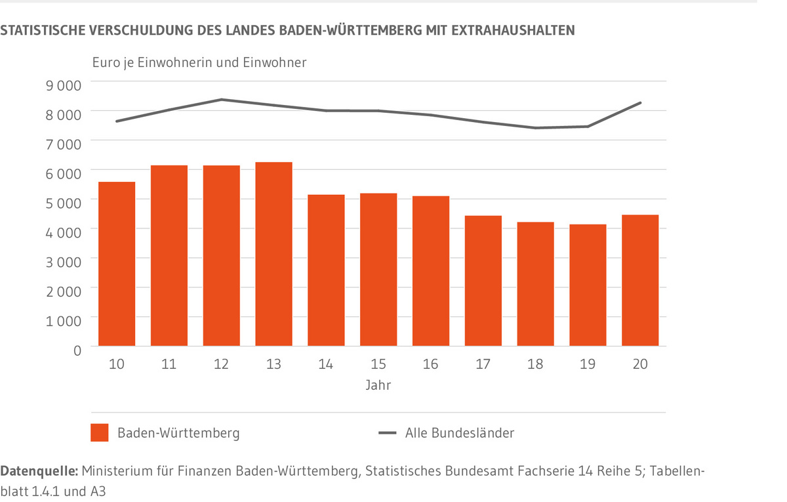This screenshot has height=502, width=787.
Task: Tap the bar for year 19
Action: pos(588,285)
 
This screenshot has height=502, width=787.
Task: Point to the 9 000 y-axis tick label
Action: pos(64,84)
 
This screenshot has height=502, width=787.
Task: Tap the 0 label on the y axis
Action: pos(77,350)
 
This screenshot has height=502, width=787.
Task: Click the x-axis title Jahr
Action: pos(378,385)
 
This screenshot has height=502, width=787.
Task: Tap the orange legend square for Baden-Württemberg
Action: pos(99,433)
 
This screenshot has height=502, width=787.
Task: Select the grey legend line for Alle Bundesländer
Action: pos(388,433)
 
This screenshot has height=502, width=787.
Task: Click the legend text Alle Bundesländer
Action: pos(459,433)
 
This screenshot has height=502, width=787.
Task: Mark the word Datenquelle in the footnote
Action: pos(40,471)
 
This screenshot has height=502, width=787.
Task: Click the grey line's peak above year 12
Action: pos(222,100)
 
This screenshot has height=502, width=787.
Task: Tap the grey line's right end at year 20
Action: pos(640,103)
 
